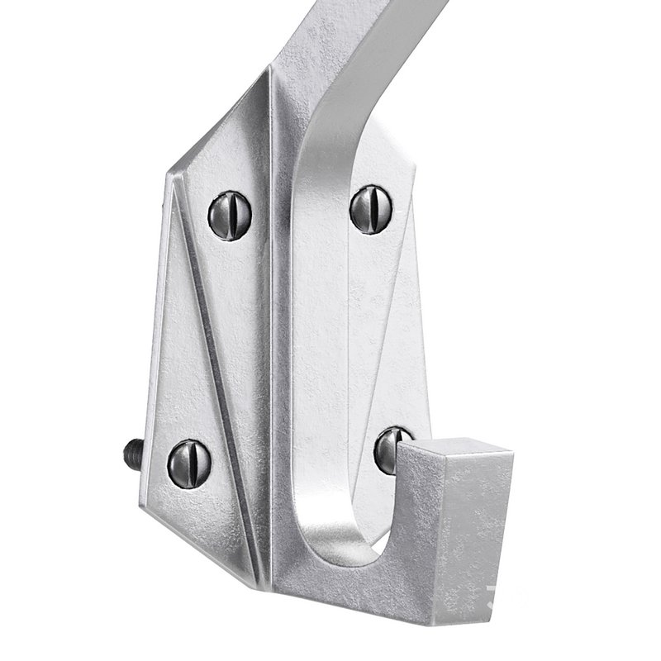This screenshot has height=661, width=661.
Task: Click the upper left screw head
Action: coord(229,214)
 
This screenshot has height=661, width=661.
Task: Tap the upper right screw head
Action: coord(371,209)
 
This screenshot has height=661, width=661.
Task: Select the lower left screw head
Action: coord(190,464)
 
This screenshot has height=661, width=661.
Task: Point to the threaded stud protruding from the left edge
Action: coord(130,454)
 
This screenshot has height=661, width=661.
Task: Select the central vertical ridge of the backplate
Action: coord(273,330)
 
